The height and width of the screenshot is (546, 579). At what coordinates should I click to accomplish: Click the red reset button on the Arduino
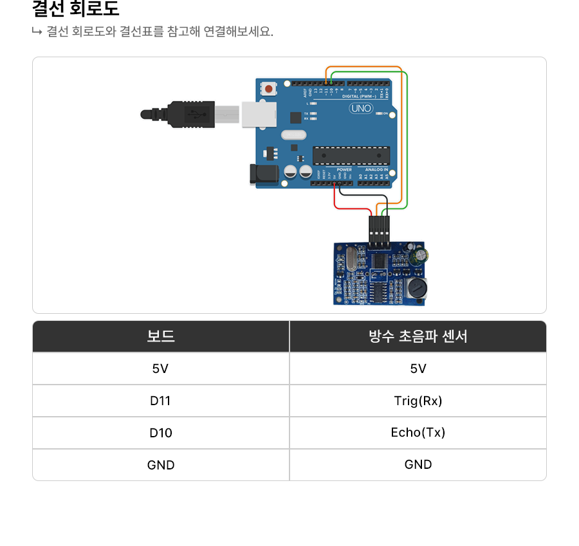click(x=267, y=87)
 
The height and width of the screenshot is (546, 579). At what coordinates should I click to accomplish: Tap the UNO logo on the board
click(x=361, y=108)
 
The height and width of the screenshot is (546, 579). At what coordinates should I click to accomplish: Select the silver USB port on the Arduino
click(x=259, y=114)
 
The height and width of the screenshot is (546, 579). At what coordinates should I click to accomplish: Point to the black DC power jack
click(x=264, y=173)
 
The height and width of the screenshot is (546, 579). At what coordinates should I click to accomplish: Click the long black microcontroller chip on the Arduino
click(x=351, y=155)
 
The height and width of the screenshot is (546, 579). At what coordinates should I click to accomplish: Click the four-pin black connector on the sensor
click(x=380, y=233)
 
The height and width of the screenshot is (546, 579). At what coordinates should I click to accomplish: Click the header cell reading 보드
click(x=161, y=336)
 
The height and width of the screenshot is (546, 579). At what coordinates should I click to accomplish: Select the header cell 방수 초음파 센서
click(x=418, y=336)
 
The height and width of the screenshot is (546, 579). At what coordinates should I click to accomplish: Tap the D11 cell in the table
click(x=161, y=401)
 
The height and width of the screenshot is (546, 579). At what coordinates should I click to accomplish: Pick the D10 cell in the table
click(x=161, y=433)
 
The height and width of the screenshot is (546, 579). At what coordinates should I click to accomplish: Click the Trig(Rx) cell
click(x=418, y=401)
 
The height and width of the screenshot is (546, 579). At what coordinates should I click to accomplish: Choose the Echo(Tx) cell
click(x=418, y=433)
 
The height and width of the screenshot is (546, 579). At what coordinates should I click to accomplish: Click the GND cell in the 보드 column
click(x=161, y=465)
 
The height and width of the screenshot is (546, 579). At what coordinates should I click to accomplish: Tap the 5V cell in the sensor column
click(x=418, y=369)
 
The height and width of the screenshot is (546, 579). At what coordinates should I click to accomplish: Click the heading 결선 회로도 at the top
click(x=76, y=10)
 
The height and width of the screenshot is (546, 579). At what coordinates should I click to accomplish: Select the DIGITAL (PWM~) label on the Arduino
click(x=367, y=96)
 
